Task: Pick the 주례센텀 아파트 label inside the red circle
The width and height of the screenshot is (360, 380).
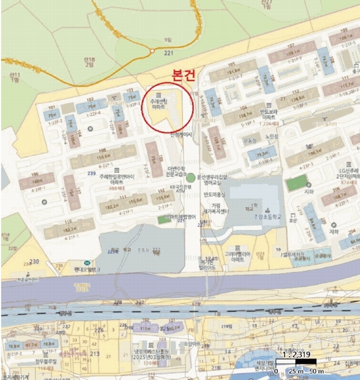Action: pyautogui.click(x=159, y=104)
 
